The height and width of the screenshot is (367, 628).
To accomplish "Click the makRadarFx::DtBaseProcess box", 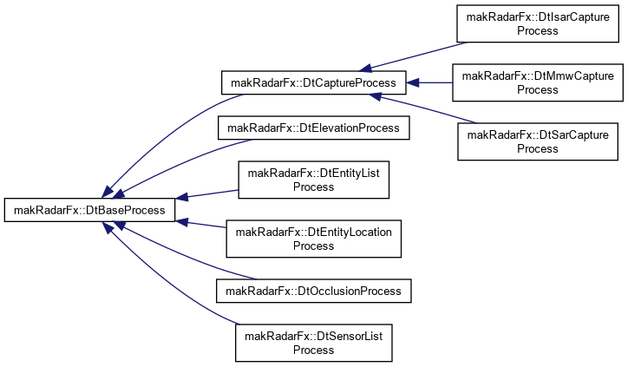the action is click(x=89, y=210).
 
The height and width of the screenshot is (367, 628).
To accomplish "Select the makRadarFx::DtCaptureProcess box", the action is click(x=314, y=83).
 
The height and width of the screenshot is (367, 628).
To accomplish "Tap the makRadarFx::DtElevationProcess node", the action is click(x=314, y=128).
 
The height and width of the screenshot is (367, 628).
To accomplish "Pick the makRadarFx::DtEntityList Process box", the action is click(x=314, y=180).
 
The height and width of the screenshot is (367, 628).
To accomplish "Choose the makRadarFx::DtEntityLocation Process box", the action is click(x=314, y=239).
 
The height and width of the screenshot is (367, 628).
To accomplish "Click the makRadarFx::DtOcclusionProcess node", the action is click(x=314, y=291).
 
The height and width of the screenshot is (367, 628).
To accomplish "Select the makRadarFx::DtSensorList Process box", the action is click(x=314, y=343).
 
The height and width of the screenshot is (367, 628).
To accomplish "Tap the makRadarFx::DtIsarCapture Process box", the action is click(x=538, y=23).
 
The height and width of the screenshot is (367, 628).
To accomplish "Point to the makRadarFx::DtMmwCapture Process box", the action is click(x=538, y=82).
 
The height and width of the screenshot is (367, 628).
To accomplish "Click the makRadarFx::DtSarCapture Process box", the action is click(x=538, y=141).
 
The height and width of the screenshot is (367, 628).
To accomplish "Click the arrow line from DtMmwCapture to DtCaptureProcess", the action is click(x=429, y=83).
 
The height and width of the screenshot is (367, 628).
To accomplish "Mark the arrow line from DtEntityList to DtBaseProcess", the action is click(x=207, y=194).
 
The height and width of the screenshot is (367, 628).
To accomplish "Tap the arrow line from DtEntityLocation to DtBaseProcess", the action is click(x=200, y=224).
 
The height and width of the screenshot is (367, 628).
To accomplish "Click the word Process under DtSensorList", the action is click(x=314, y=351).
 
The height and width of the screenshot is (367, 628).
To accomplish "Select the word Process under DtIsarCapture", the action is click(x=538, y=31).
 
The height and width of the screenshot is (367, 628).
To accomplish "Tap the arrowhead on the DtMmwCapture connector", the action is click(x=413, y=83).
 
